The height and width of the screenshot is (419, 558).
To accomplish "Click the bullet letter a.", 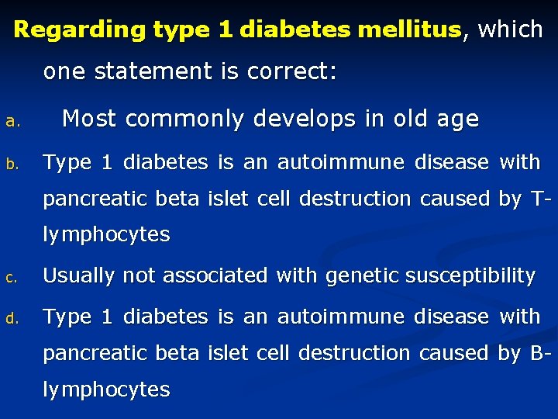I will (11, 122).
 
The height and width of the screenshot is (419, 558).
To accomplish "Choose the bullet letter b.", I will (11, 164).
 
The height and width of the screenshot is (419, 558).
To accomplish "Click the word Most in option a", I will (90, 119).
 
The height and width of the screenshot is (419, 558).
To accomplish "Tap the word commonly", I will (183, 119).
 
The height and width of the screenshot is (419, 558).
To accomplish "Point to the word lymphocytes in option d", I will (106, 390).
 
